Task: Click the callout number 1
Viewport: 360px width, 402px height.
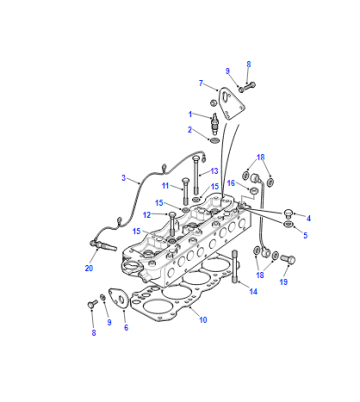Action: [190, 114]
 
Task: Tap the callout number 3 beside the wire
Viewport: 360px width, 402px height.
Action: [124, 178]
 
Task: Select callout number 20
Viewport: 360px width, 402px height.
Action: [89, 268]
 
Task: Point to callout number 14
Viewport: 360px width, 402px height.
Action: [253, 292]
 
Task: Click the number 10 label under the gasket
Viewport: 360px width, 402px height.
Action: [203, 320]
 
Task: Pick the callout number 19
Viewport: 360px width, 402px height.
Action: [283, 282]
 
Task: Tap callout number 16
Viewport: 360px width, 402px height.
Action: [231, 183]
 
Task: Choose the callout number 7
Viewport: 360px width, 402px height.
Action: [201, 83]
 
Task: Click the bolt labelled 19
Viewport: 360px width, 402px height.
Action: [288, 259]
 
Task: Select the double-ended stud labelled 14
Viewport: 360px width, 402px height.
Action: [235, 266]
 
